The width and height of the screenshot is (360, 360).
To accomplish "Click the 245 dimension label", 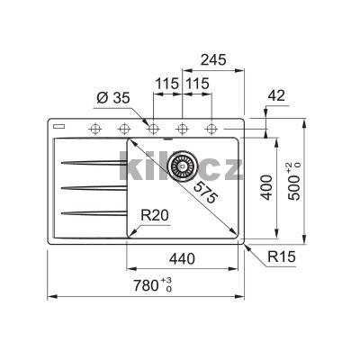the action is click(x=213, y=60).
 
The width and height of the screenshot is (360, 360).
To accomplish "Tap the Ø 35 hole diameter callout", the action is click(x=113, y=98).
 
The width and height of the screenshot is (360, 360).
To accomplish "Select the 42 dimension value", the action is click(x=276, y=95).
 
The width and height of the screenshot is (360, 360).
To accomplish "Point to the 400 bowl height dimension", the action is click(x=266, y=188).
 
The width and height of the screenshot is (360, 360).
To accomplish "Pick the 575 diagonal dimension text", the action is click(x=205, y=193).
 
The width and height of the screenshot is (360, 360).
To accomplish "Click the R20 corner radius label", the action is click(x=155, y=215).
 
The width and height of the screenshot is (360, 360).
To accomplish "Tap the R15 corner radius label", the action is click(x=282, y=256).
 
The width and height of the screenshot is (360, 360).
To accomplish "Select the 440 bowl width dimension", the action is click(x=182, y=258).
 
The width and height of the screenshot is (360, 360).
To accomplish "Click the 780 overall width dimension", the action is click(x=153, y=285).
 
